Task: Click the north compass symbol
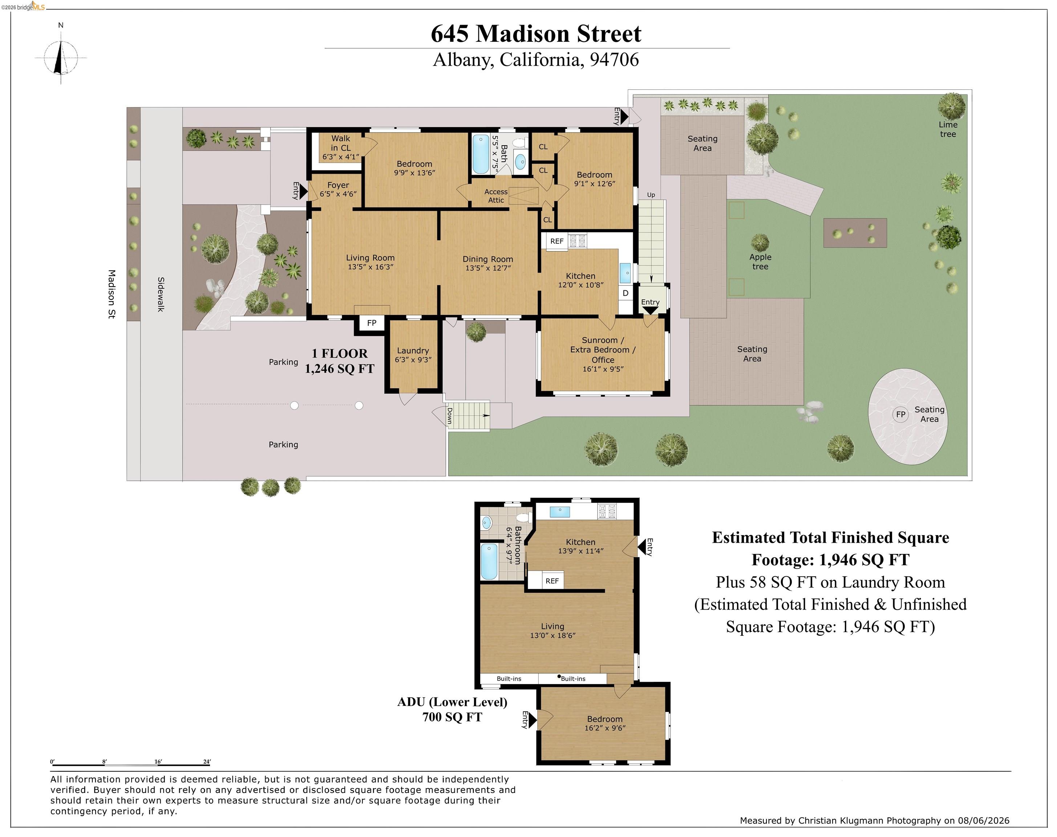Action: tap(61, 56)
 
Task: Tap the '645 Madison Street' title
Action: tap(536, 34)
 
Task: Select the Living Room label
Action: tap(370, 258)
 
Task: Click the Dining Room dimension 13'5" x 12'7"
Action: tap(488, 268)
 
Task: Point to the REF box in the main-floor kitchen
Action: tap(557, 241)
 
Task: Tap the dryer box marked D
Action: tap(625, 293)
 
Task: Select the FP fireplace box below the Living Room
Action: tap(372, 323)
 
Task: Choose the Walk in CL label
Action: tap(341, 143)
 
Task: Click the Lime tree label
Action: tap(948, 129)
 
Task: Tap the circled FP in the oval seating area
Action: tap(901, 415)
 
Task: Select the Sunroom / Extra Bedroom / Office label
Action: tap(603, 350)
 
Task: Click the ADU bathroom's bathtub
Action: tap(489, 562)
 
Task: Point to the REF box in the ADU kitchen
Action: tap(552, 581)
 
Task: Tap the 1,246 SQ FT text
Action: tap(340, 369)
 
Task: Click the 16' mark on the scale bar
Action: tap(158, 761)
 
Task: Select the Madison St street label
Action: tap(112, 294)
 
